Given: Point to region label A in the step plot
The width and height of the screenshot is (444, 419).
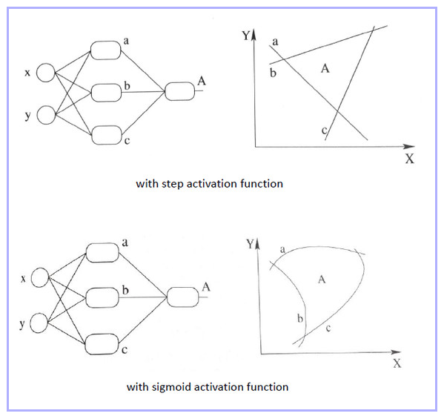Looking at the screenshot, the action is coord(325,68).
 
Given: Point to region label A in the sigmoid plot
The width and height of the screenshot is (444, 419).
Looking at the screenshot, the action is coord(322,280).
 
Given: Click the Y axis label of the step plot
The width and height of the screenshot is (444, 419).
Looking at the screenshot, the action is coord(246,36).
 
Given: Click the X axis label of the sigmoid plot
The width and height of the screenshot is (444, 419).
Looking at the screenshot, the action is coord(397,363).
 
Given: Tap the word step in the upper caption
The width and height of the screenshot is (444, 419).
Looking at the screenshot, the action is coord(172,184).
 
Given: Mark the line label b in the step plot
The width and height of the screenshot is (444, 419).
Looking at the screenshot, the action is coord(273,73).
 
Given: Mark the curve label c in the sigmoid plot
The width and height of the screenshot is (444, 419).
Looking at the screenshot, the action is coord(328,329).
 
